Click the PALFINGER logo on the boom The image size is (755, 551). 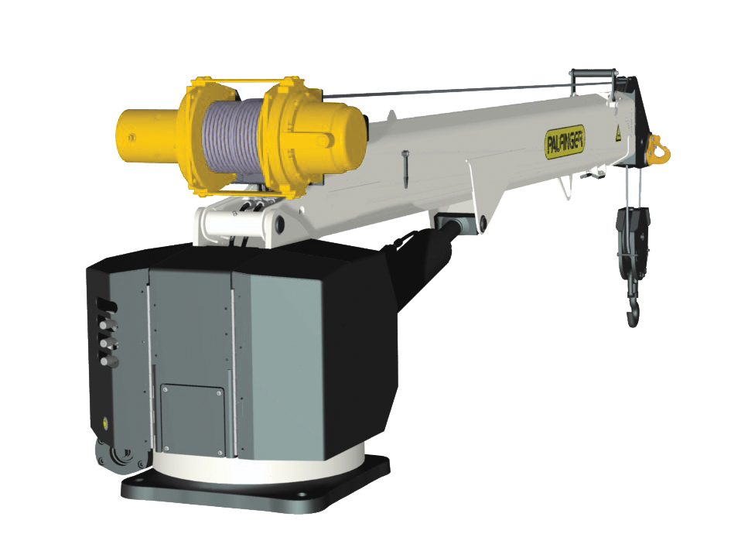coord(565,141)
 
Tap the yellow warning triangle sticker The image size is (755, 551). coord(618,135)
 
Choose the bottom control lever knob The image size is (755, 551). coord(109,361)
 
